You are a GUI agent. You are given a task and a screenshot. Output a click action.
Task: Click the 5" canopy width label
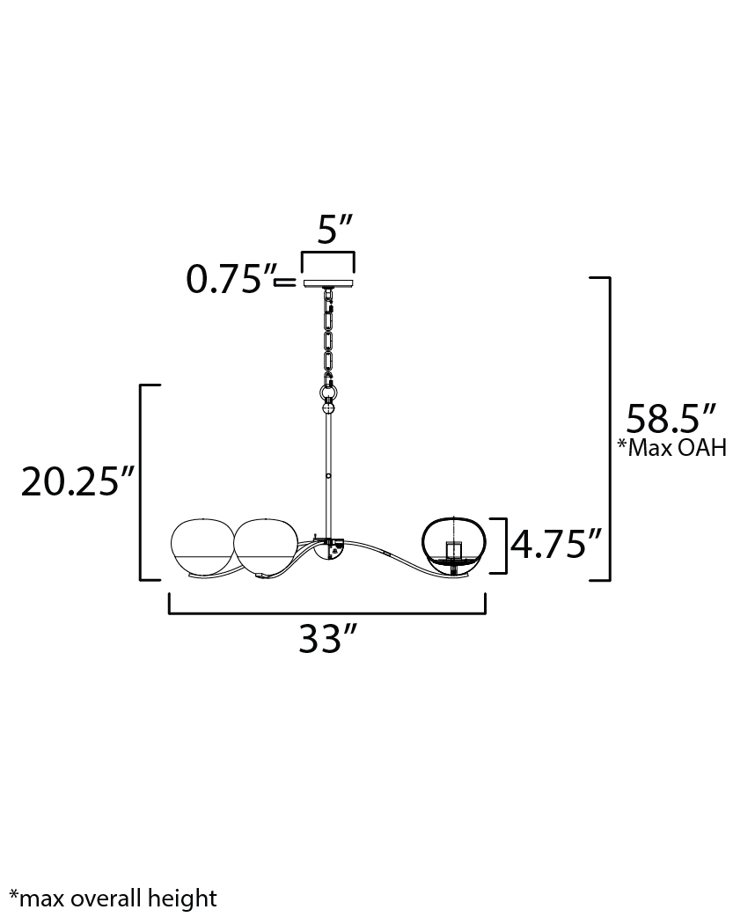tap(335, 229)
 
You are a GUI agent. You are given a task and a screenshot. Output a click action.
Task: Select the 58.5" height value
tap(671, 419)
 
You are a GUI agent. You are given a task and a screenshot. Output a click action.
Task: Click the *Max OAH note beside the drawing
tap(672, 448)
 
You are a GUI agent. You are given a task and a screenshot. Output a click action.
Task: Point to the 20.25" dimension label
tap(78, 482)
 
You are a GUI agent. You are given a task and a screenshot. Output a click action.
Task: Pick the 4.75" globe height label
tap(556, 545)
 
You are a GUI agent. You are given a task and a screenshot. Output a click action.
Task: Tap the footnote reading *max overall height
tap(113, 898)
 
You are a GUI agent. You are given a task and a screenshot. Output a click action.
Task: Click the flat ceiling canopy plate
tap(329, 283)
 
